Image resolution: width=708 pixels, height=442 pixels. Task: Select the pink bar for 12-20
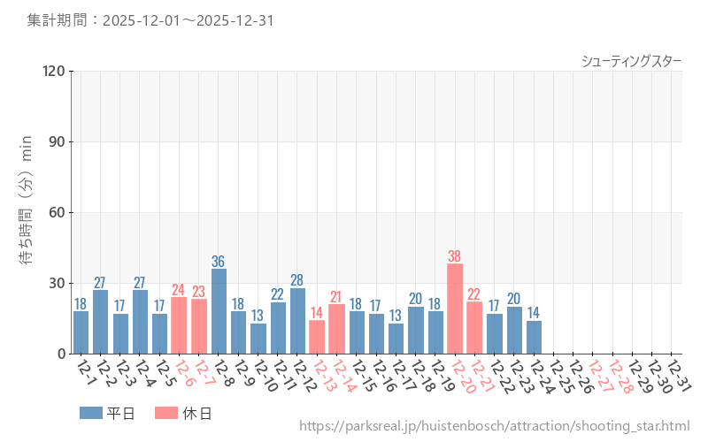(455, 309)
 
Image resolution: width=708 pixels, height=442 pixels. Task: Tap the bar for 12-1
(81, 332)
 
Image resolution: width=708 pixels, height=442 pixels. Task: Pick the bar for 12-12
(297, 321)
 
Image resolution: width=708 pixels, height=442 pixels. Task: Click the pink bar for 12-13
(317, 337)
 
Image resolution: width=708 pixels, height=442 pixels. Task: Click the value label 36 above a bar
(219, 262)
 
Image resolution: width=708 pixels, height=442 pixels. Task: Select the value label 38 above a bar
(455, 256)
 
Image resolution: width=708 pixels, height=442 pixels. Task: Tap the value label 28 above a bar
(297, 280)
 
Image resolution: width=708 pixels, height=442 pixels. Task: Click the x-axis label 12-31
(678, 373)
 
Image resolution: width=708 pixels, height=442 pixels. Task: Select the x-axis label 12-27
(599, 373)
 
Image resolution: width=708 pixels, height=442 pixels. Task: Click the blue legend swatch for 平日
(90, 413)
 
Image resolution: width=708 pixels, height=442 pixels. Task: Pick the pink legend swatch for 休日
(165, 413)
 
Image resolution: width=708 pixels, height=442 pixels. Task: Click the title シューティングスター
(631, 60)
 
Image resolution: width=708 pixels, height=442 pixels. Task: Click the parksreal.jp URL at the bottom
(494, 426)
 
